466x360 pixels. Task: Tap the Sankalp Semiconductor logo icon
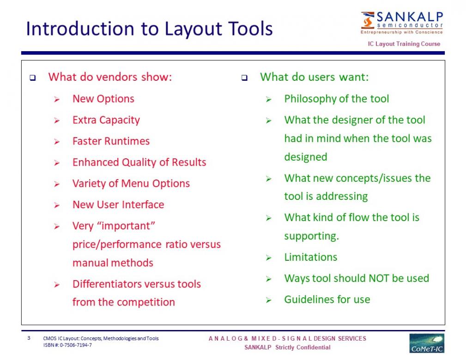tap(368, 20)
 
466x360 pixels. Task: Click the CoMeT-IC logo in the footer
tap(427, 343)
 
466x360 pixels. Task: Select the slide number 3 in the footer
tap(29, 338)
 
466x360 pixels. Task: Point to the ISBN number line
tap(67, 345)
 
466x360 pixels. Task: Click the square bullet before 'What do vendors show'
tap(33, 78)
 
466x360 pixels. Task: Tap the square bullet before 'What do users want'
tap(244, 78)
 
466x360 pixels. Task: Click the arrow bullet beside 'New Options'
tap(57, 100)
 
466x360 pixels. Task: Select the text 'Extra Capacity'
tap(106, 120)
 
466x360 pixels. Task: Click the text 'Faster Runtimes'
tap(111, 141)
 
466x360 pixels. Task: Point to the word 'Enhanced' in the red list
tap(96, 162)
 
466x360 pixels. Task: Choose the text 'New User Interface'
tap(118, 204)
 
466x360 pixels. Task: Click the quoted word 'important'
tap(128, 226)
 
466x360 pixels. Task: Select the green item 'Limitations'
tap(311, 257)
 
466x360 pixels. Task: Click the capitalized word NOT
tap(379, 278)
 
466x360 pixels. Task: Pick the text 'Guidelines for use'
tap(327, 300)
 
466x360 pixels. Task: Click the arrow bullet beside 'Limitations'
tap(269, 258)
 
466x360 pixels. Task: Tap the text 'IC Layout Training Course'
tap(404, 44)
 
